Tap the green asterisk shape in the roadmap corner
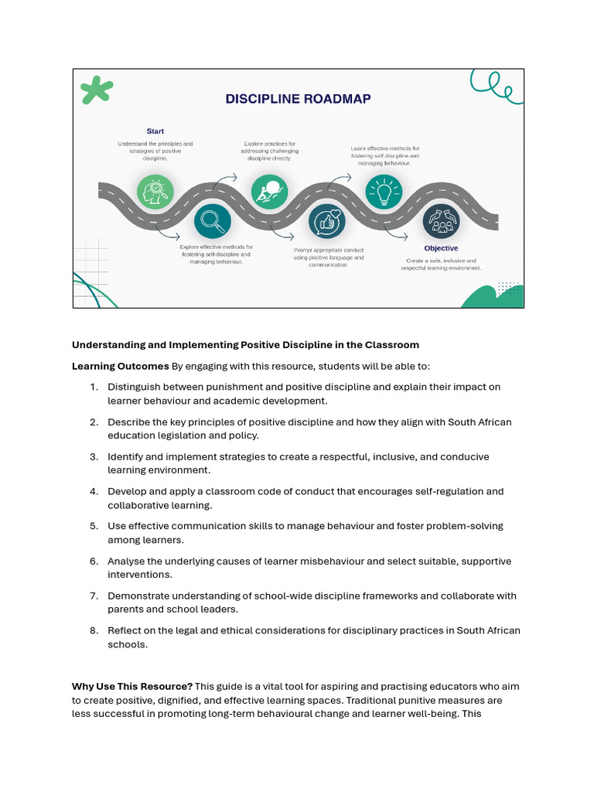(x=97, y=90)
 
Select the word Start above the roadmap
(x=155, y=131)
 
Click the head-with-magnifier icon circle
(x=155, y=191)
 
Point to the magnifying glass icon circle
(x=212, y=221)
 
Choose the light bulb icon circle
(x=384, y=192)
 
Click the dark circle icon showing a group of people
(x=441, y=221)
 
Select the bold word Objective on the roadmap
(x=441, y=248)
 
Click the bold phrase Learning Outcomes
(x=121, y=366)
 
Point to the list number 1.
(x=94, y=387)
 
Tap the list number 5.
(x=94, y=526)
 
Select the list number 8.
(x=94, y=630)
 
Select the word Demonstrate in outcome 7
(x=142, y=596)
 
